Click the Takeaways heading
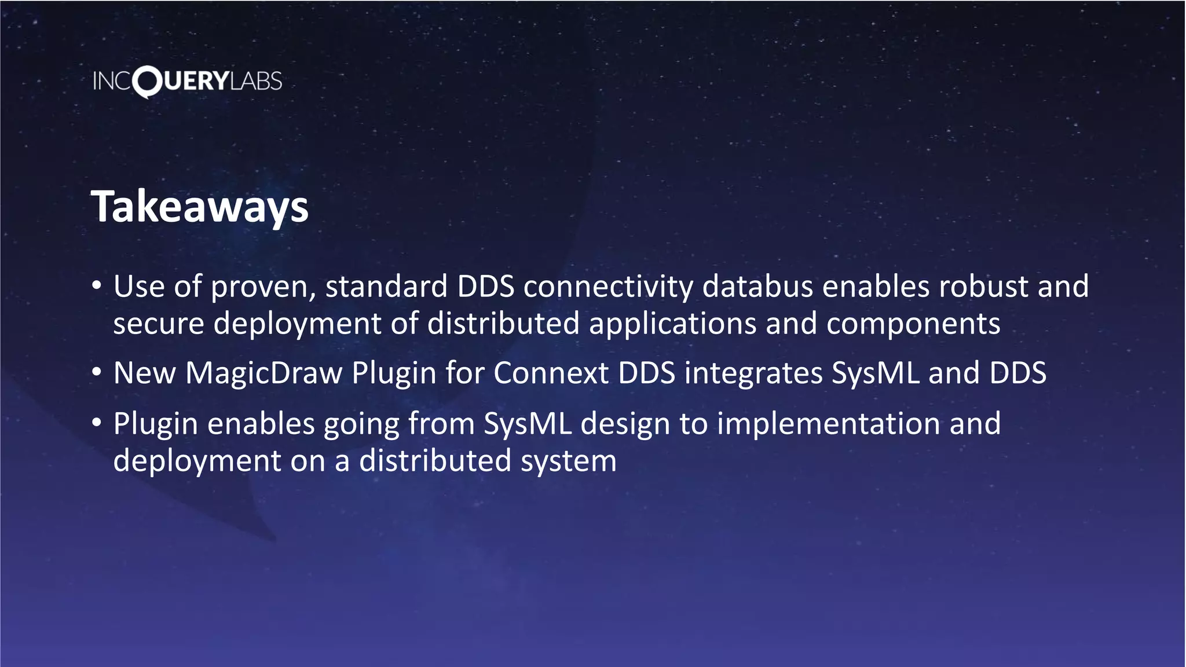200,207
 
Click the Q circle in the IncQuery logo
147,82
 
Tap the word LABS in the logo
256,81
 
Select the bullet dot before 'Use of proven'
97,285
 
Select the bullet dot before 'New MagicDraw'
97,372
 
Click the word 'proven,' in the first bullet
263,288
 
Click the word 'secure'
158,324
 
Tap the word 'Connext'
551,373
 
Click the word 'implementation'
828,424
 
